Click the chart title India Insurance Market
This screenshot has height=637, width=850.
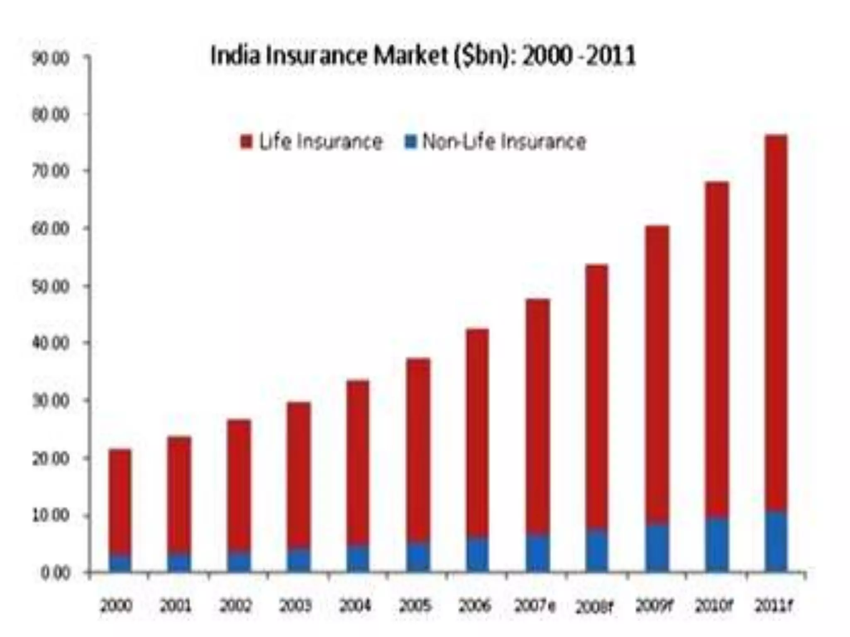pos(423,56)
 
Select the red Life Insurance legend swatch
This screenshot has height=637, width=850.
pos(246,142)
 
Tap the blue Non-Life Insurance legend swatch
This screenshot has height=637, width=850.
pos(410,142)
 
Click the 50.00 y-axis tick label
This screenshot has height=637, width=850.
pos(50,287)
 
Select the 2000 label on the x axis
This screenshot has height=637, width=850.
pos(117,606)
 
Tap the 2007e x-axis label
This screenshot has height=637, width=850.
pos(535,606)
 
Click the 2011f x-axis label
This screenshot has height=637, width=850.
pos(773,606)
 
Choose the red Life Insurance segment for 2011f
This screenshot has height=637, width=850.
pos(776,323)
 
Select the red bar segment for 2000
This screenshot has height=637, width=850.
pos(120,502)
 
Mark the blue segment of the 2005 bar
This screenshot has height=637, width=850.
pos(418,557)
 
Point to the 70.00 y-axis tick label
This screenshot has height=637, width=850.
pos(50,171)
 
